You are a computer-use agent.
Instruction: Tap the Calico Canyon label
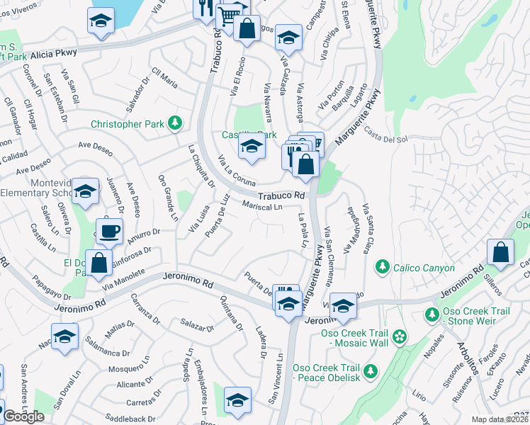coord(415,266)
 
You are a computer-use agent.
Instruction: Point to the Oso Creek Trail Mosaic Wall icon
coord(400,336)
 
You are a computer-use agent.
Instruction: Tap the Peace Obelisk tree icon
coord(369,370)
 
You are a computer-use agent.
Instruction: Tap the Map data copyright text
coord(500,419)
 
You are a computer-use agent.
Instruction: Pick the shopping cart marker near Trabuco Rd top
coord(227,15)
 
